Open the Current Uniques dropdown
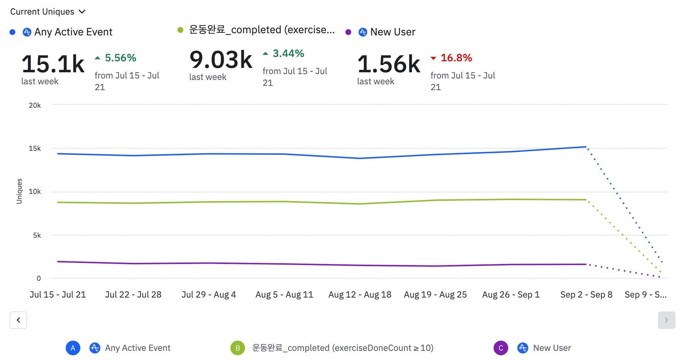pyautogui.click(x=48, y=12)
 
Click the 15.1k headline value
pyautogui.click(x=53, y=64)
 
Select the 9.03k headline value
pyautogui.click(x=221, y=60)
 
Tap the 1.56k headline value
pyautogui.click(x=389, y=64)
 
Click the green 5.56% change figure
pyautogui.click(x=120, y=58)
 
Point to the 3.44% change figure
pyautogui.click(x=288, y=53)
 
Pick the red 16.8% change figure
pyautogui.click(x=456, y=58)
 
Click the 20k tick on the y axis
pyautogui.click(x=35, y=105)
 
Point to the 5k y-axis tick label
pyautogui.click(x=37, y=235)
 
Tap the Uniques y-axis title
pyautogui.click(x=19, y=191)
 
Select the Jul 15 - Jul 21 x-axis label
pyautogui.click(x=58, y=295)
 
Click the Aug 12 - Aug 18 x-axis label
pyautogui.click(x=360, y=295)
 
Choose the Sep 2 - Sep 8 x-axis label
pyautogui.click(x=586, y=295)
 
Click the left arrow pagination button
pyautogui.click(x=18, y=320)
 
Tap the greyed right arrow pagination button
pyautogui.click(x=666, y=320)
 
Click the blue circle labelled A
pyautogui.click(x=73, y=348)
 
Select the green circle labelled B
pyautogui.click(x=238, y=348)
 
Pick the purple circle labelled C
pyautogui.click(x=501, y=348)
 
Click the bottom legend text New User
pyautogui.click(x=552, y=348)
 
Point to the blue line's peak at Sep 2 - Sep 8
pyautogui.click(x=586, y=147)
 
